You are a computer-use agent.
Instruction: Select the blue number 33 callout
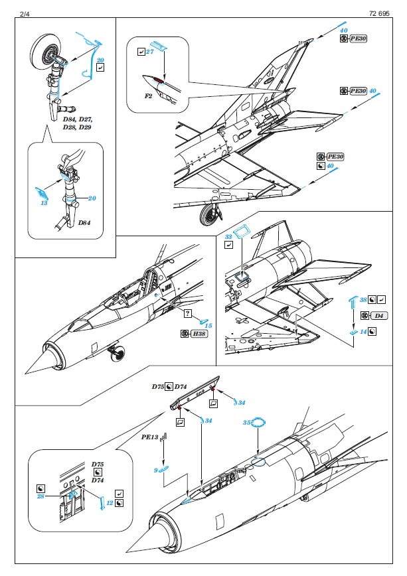pyautogui.click(x=228, y=236)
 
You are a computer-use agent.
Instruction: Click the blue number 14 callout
pyautogui.click(x=364, y=330)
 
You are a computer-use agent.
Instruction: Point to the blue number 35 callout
pyautogui.click(x=246, y=422)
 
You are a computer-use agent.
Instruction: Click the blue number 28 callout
pyautogui.click(x=41, y=496)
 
